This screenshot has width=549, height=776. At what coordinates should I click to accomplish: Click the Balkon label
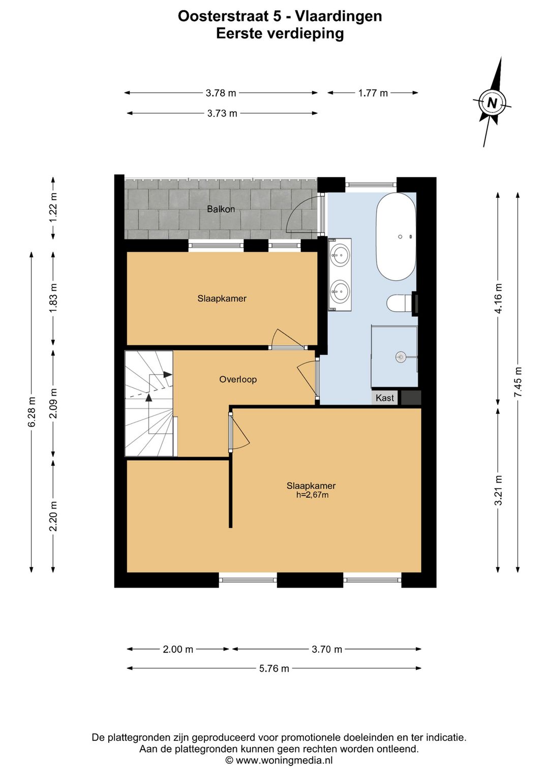(x=221, y=209)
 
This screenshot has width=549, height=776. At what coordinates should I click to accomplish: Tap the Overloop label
(x=238, y=379)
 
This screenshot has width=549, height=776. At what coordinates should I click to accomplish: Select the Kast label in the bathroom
(x=385, y=398)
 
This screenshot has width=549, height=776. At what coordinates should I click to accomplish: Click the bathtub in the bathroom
(x=396, y=236)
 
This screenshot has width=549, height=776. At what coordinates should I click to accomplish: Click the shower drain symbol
(x=401, y=357)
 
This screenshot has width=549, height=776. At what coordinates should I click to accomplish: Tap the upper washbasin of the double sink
(x=340, y=256)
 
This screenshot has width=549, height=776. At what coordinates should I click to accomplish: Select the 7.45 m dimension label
(x=518, y=382)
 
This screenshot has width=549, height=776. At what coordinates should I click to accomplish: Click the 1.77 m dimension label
(x=373, y=93)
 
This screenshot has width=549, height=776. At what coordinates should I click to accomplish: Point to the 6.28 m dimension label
(x=32, y=411)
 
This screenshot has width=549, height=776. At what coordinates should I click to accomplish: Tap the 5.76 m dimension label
(x=274, y=668)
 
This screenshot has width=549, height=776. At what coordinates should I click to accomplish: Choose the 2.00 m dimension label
(x=178, y=649)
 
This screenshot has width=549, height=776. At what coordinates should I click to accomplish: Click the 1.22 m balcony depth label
(x=53, y=208)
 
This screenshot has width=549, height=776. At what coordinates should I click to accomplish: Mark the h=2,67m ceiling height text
(x=312, y=495)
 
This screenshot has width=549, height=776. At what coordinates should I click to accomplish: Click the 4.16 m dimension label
(x=498, y=299)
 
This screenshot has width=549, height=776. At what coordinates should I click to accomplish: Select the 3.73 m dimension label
(x=222, y=113)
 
